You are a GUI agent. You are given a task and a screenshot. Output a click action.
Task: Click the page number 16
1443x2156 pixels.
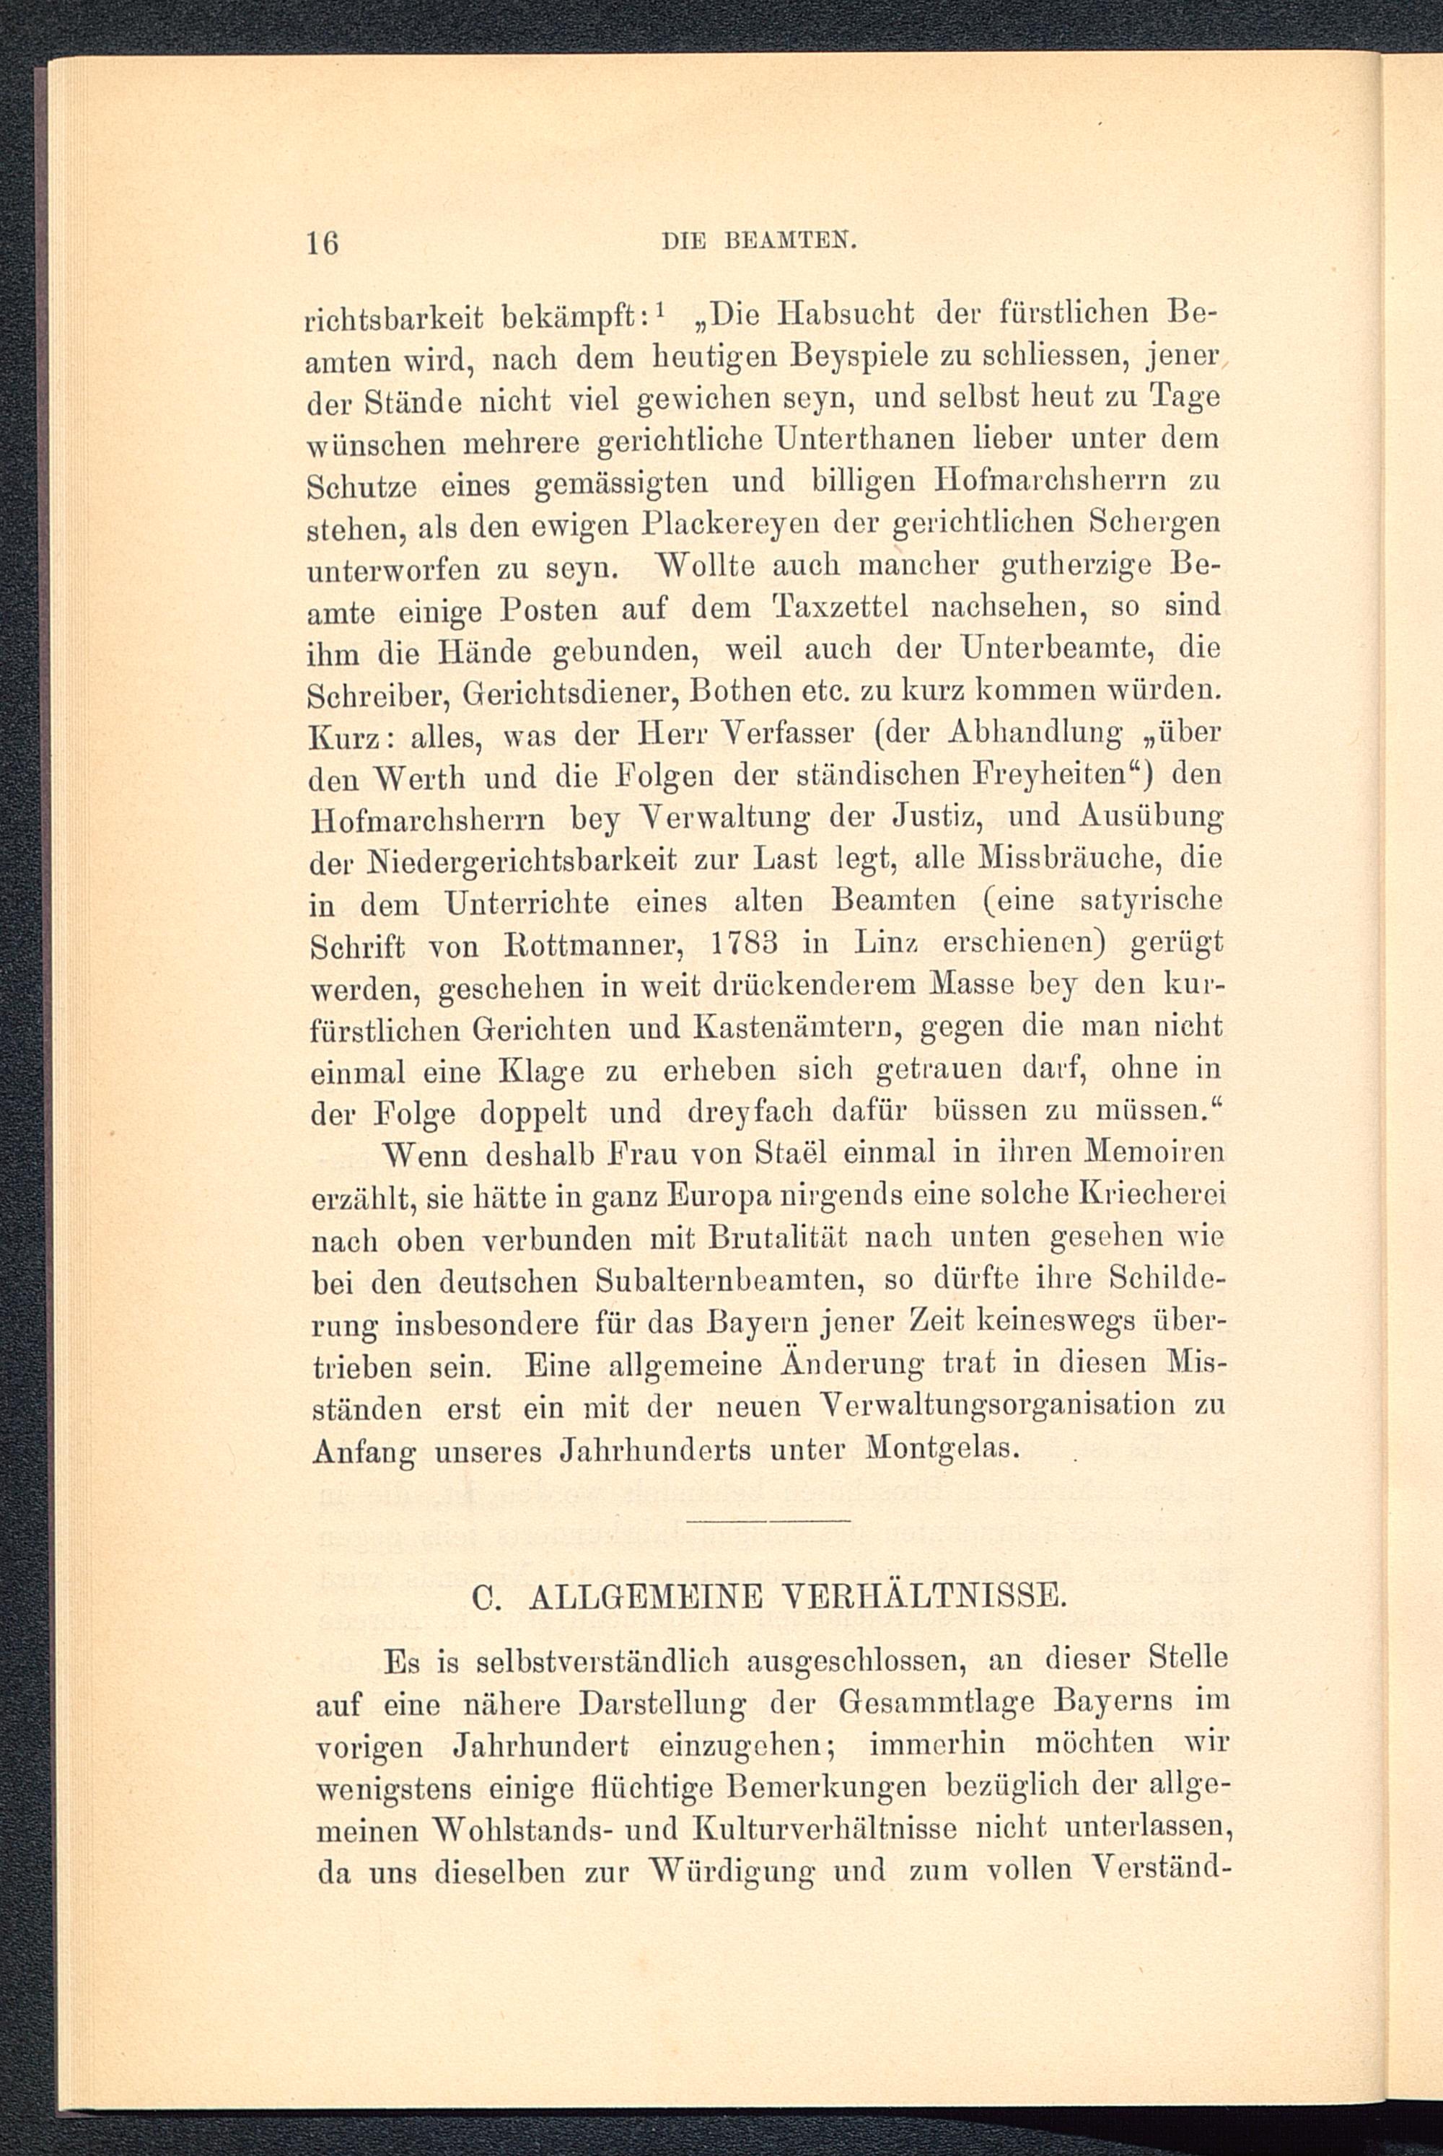click(x=323, y=244)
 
